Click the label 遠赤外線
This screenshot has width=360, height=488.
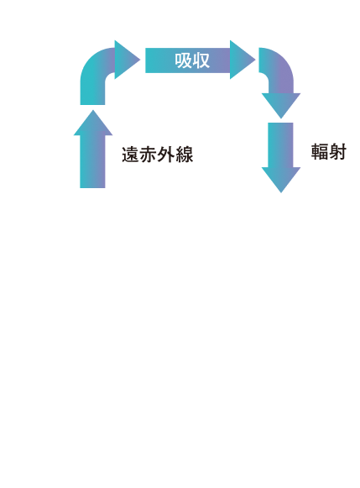tap(157, 155)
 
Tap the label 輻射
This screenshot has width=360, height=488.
tap(329, 152)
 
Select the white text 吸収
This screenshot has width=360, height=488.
tap(192, 60)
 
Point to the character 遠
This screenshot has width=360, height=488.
tap(131, 155)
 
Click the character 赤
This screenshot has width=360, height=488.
tap(149, 155)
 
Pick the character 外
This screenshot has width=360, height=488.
tap(166, 155)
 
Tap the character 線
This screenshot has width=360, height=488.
tap(185, 155)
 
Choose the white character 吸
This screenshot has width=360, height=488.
tap(183, 60)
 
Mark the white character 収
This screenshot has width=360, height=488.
tap(201, 60)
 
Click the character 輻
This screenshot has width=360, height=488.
tap(320, 152)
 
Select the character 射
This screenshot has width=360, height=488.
tap(337, 152)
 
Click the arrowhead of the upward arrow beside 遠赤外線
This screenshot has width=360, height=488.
tap(93, 124)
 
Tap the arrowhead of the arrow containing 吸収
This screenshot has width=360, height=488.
tap(242, 60)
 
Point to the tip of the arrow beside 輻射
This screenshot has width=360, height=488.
tap(281, 192)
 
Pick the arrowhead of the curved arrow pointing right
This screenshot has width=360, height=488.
tap(127, 60)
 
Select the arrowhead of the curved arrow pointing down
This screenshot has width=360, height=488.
tap(281, 105)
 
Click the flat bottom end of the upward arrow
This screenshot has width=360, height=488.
tap(92, 187)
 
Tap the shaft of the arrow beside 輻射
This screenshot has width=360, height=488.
tap(280, 145)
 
